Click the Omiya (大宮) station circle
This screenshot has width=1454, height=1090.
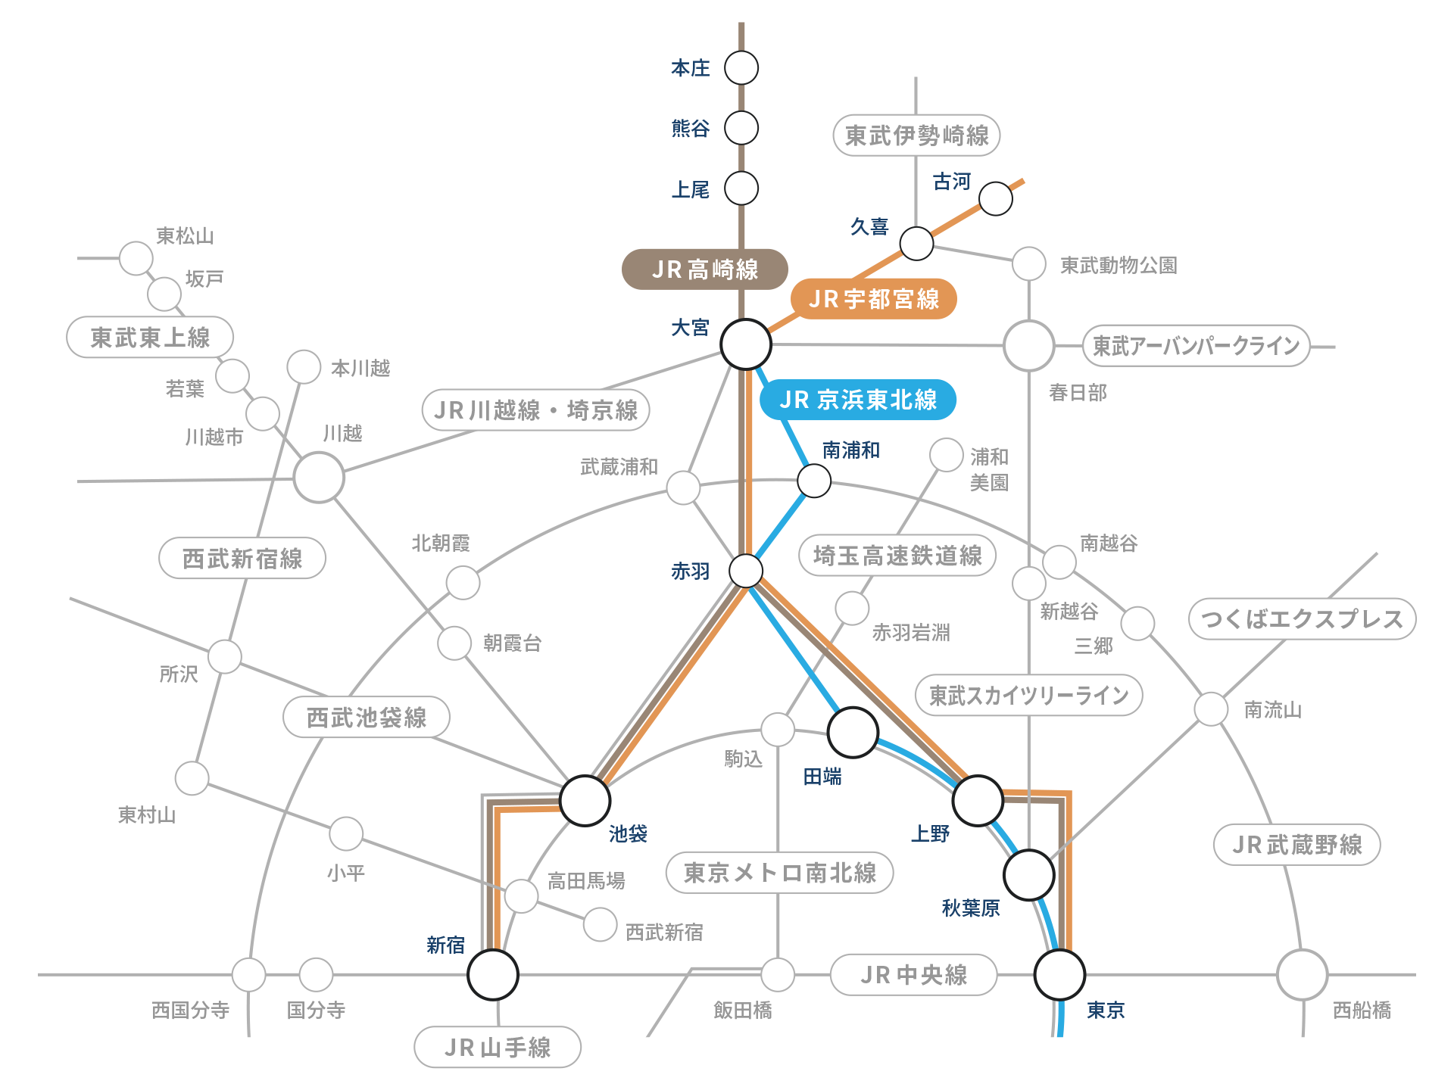(746, 344)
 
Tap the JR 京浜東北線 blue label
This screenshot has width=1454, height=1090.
(857, 400)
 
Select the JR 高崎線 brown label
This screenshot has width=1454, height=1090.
(704, 269)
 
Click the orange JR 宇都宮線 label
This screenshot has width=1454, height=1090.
(873, 299)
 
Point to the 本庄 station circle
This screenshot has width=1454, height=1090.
(741, 68)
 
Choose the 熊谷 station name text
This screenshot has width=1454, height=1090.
(691, 129)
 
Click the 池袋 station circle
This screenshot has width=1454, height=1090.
(585, 800)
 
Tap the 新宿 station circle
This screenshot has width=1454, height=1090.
(493, 974)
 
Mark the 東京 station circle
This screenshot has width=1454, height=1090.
(1059, 975)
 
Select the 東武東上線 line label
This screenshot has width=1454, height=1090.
(150, 338)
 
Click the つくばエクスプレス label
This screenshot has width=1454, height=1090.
(1302, 619)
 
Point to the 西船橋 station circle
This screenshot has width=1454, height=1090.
(1302, 975)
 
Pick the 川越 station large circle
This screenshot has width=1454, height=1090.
(319, 478)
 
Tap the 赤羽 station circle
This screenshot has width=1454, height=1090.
(746, 571)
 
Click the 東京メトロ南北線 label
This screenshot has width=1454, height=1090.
(779, 873)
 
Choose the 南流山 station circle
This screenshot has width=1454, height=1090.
(1210, 709)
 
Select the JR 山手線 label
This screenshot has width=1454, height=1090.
(498, 1048)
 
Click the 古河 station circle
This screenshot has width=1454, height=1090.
(995, 199)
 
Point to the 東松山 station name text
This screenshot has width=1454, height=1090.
(185, 236)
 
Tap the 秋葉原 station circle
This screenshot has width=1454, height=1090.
(1028, 875)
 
